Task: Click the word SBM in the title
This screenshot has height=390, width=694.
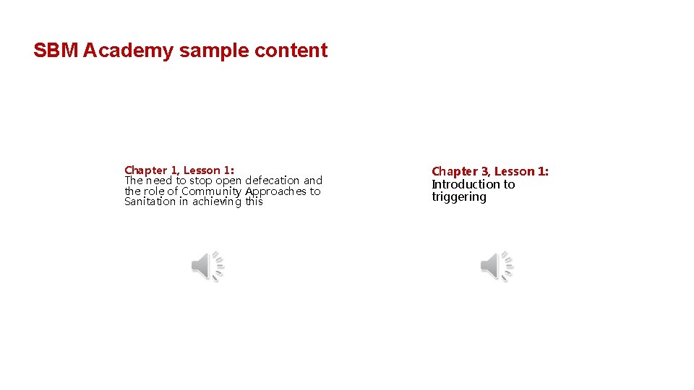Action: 56,51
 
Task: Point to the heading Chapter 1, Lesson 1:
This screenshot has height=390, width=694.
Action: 179,170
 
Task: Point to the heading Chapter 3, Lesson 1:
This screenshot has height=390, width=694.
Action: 490,171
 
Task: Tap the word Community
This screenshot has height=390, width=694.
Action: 212,191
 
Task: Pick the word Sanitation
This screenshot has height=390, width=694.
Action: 150,201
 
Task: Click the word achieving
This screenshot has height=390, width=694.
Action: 217,202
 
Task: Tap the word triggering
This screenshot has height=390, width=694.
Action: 459,197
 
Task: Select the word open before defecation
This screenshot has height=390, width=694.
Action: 229,181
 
